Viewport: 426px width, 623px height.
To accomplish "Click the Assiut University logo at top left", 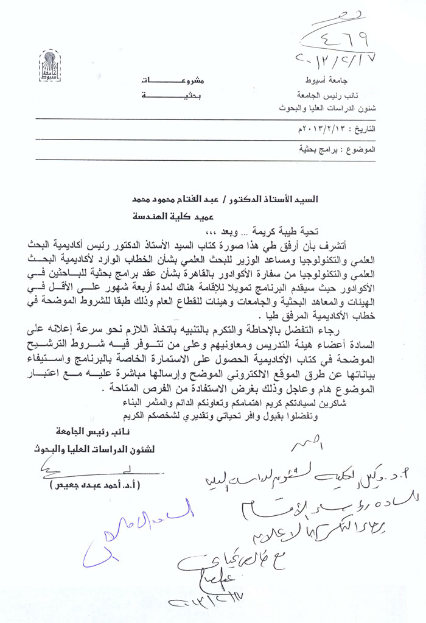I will click(x=50, y=66).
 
